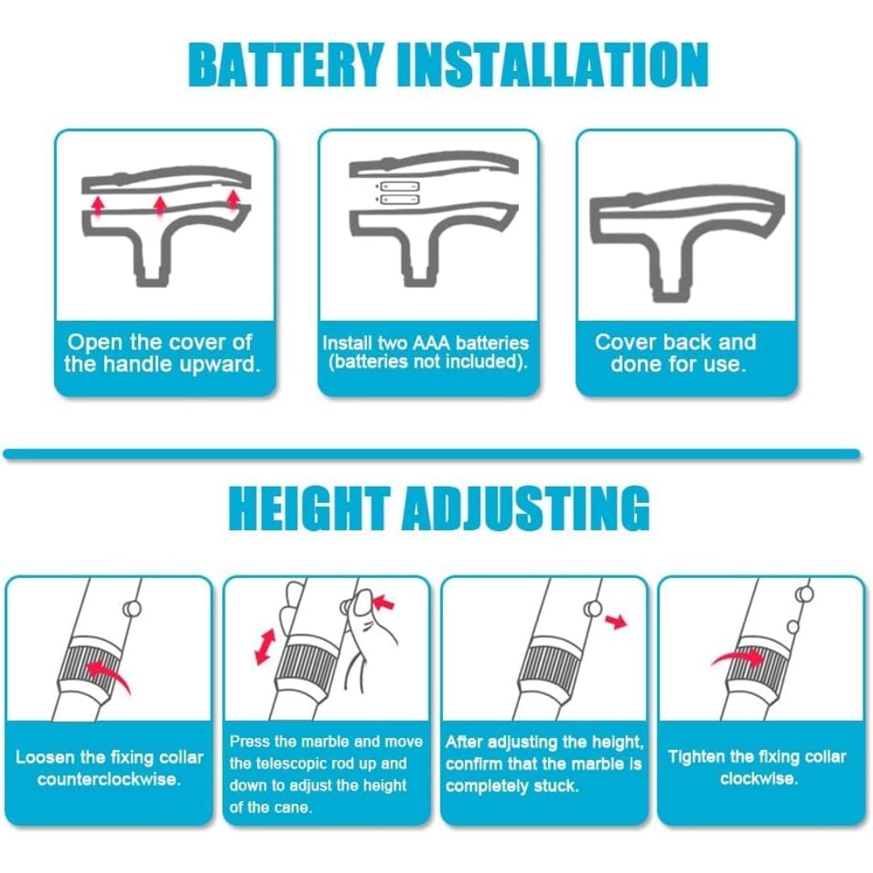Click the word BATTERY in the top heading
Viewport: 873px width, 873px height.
[x=286, y=65]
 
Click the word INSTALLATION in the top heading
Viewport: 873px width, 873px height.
[x=554, y=65]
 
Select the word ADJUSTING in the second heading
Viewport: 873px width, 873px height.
[x=525, y=508]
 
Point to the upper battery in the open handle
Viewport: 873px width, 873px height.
[x=399, y=186]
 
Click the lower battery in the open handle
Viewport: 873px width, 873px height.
[x=399, y=200]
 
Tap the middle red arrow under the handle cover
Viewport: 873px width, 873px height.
[x=160, y=206]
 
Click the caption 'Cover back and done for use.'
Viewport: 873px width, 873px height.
[x=676, y=353]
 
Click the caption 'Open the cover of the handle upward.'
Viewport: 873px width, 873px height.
[x=162, y=353]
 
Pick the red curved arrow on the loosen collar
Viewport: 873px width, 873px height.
[x=109, y=675]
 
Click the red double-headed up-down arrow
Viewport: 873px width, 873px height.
[x=265, y=647]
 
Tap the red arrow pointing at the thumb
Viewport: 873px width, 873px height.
[x=384, y=602]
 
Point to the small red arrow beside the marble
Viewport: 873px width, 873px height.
[x=616, y=622]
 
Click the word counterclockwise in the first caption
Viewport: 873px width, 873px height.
[x=109, y=779]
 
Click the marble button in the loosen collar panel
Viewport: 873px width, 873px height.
[x=133, y=609]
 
